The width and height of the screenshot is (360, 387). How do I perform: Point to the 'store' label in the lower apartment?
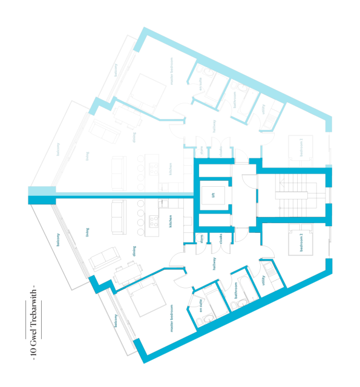pyautogui.click(x=200, y=239)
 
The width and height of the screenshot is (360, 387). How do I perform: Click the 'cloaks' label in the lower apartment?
pyautogui.click(x=222, y=239)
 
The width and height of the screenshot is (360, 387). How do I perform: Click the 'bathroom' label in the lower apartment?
pyautogui.click(x=235, y=287)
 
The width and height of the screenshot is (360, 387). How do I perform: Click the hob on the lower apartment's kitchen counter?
pyautogui.click(x=154, y=221)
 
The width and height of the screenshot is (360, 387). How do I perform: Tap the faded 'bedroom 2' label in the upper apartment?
pyautogui.click(x=301, y=147)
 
